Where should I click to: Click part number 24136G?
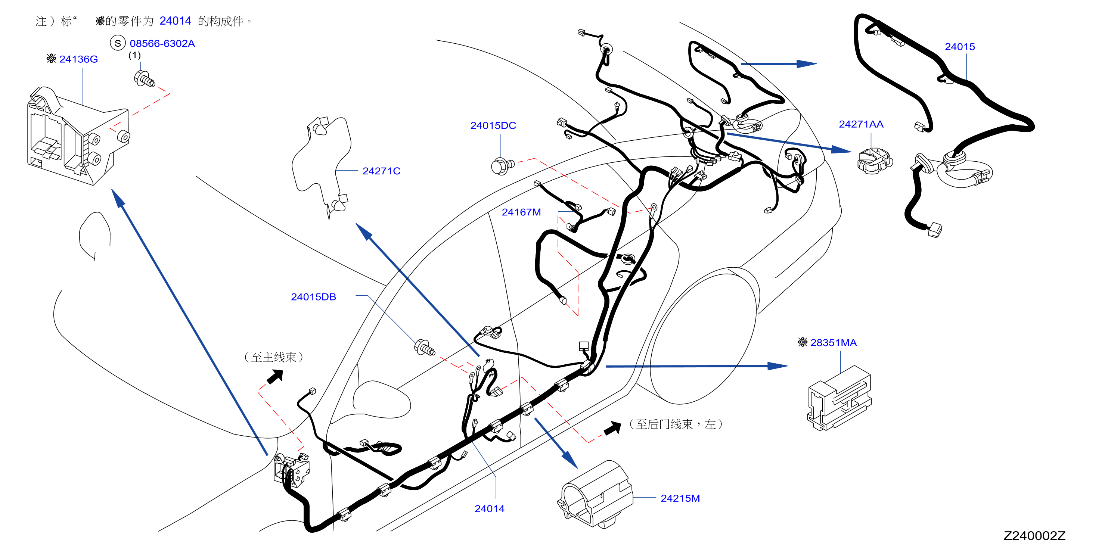click(x=79, y=59)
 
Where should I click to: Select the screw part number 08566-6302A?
click(x=162, y=43)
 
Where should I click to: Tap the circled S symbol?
click(x=117, y=43)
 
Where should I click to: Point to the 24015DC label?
click(x=493, y=125)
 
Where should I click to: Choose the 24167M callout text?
click(x=521, y=212)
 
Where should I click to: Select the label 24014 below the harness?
click(x=490, y=509)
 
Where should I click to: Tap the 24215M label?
click(x=680, y=498)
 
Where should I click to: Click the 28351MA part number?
click(x=833, y=343)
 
